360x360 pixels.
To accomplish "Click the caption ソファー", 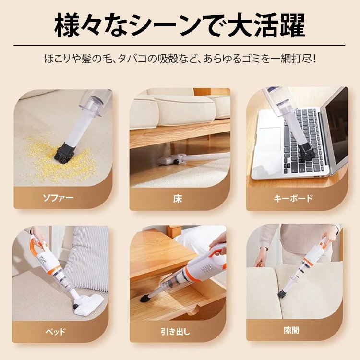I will click(x=59, y=198).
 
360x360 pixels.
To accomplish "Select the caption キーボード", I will click(x=293, y=198).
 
